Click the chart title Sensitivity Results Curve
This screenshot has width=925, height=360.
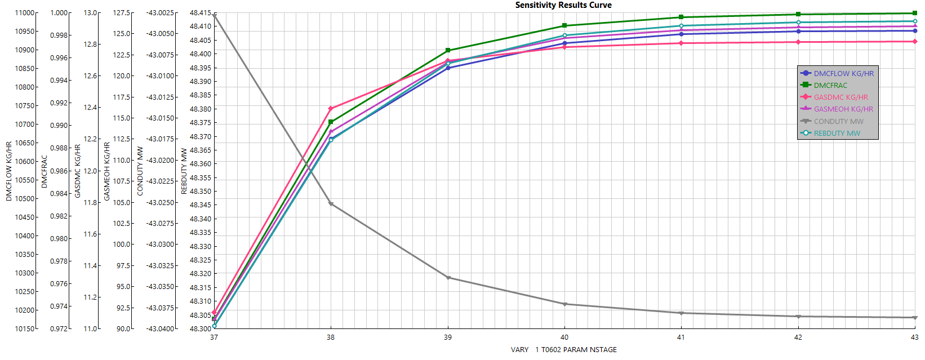click(563, 5)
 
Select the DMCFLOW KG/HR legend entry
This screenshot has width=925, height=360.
click(843, 73)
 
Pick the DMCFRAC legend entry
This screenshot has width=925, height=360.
click(830, 85)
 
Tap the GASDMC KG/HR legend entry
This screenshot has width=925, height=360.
click(840, 97)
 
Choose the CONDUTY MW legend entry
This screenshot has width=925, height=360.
click(838, 121)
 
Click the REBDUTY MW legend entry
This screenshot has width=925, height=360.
click(837, 134)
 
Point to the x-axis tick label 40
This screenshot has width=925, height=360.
click(564, 337)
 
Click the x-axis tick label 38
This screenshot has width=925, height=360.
click(331, 337)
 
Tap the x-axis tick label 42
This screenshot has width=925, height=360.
click(798, 337)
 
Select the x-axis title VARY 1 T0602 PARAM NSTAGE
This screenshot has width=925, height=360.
click(563, 350)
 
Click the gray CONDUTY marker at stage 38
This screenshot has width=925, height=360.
click(331, 204)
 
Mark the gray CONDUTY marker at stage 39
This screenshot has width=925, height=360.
click(448, 278)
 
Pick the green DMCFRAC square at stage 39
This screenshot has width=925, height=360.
click(448, 51)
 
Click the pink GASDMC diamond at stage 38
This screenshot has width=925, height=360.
click(331, 109)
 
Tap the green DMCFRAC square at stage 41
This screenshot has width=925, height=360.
click(681, 17)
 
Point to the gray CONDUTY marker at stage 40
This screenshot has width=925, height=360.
click(564, 304)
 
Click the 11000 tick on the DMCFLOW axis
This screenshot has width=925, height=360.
click(24, 13)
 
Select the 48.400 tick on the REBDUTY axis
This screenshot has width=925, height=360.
click(201, 54)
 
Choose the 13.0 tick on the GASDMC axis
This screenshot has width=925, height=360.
click(91, 13)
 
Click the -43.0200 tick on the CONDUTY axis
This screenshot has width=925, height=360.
click(160, 160)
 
